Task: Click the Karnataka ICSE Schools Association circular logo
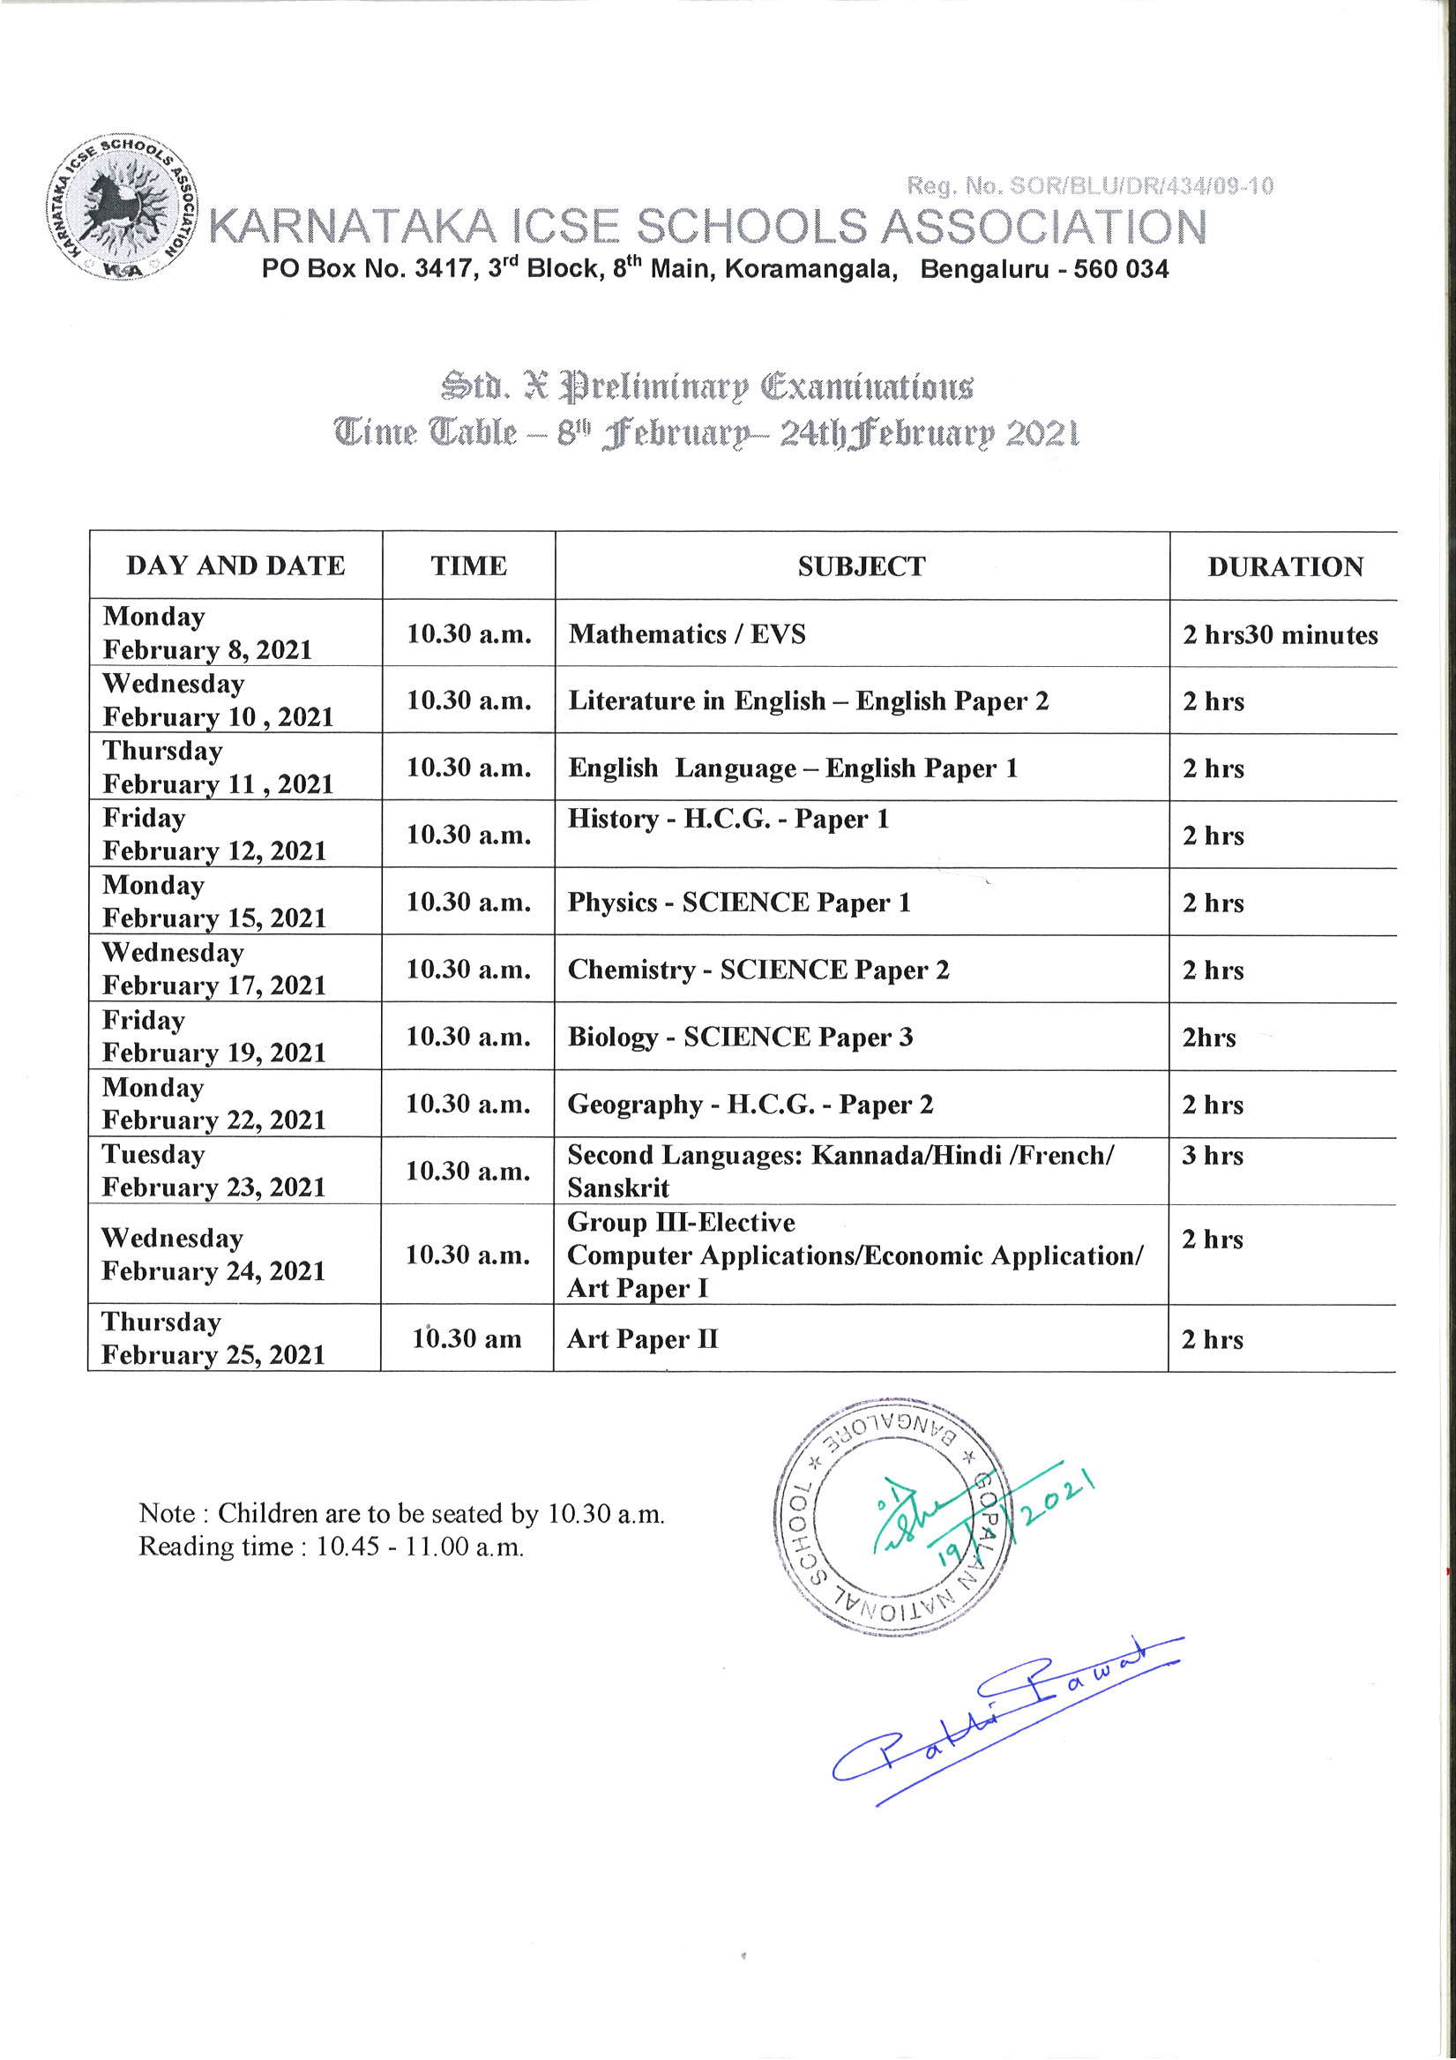coord(122,210)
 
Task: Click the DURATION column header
coord(1285,566)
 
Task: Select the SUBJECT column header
coord(862,566)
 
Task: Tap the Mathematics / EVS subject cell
coord(687,634)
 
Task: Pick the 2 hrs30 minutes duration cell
coord(1281,635)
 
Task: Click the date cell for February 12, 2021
coord(214,835)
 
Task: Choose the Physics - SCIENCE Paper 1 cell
coord(739,903)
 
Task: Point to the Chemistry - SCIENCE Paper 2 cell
coord(758,970)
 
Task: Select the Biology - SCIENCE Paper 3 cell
coord(740,1037)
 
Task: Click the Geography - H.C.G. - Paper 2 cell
coord(750,1105)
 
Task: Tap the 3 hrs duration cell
coord(1212,1156)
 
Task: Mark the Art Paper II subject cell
coord(642,1339)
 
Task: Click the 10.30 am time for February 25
coord(467,1338)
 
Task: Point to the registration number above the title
coord(1090,187)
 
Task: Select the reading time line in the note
coord(331,1547)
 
